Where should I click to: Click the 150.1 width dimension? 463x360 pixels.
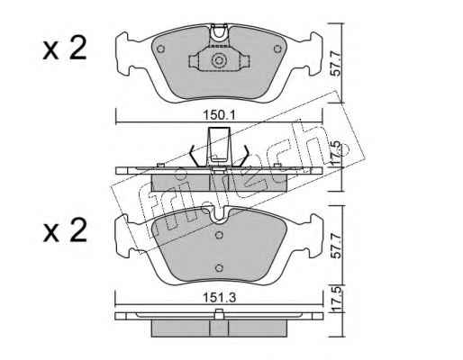point(220,114)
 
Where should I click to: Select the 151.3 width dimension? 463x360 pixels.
point(220,298)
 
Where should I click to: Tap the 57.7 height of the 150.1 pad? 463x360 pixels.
point(337,64)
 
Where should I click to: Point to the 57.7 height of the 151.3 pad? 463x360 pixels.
point(337,246)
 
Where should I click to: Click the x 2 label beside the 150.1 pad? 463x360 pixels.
point(65,48)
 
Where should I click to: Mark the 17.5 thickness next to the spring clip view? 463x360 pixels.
point(337,154)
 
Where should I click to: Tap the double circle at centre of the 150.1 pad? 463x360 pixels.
point(218,61)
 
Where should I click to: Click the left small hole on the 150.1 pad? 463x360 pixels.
point(161,49)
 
